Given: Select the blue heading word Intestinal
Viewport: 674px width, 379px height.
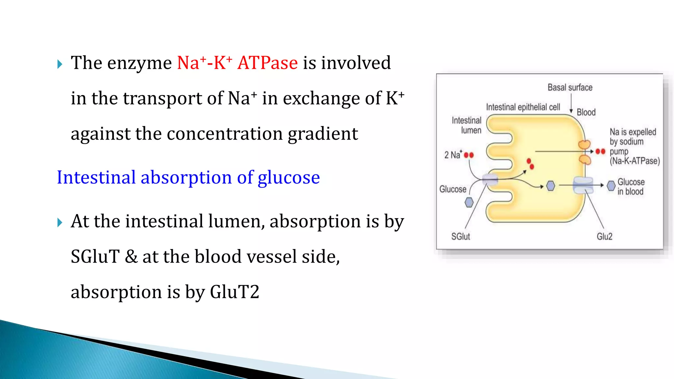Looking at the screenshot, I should [96, 177].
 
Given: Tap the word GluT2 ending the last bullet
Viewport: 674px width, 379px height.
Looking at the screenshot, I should [234, 292].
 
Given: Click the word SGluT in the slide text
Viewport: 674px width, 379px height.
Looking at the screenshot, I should [95, 256].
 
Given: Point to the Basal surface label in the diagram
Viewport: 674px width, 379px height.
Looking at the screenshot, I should [570, 88].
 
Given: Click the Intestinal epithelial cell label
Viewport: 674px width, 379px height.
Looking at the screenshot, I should [523, 107].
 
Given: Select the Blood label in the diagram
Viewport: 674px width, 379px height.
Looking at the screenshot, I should [586, 112].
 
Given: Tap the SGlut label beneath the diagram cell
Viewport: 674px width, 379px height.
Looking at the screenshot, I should [460, 236].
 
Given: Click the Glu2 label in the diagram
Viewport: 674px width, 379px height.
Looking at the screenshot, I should [605, 236].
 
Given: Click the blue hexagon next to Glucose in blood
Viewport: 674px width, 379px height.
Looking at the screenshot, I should [611, 186].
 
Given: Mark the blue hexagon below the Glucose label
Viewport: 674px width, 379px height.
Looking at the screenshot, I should [469, 202].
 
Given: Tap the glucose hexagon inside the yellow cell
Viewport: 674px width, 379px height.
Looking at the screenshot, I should [551, 186].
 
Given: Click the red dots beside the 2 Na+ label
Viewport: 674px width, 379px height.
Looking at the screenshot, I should [469, 155].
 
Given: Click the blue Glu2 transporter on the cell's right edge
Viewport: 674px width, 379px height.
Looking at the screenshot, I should [583, 185].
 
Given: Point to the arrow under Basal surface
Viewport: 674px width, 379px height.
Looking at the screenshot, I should [571, 103].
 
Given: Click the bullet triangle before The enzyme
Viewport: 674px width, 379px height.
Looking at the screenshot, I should [60, 64].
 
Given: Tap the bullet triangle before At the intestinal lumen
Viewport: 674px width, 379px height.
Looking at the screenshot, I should [60, 222].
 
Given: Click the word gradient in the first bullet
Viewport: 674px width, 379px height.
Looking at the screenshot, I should [323, 134].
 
